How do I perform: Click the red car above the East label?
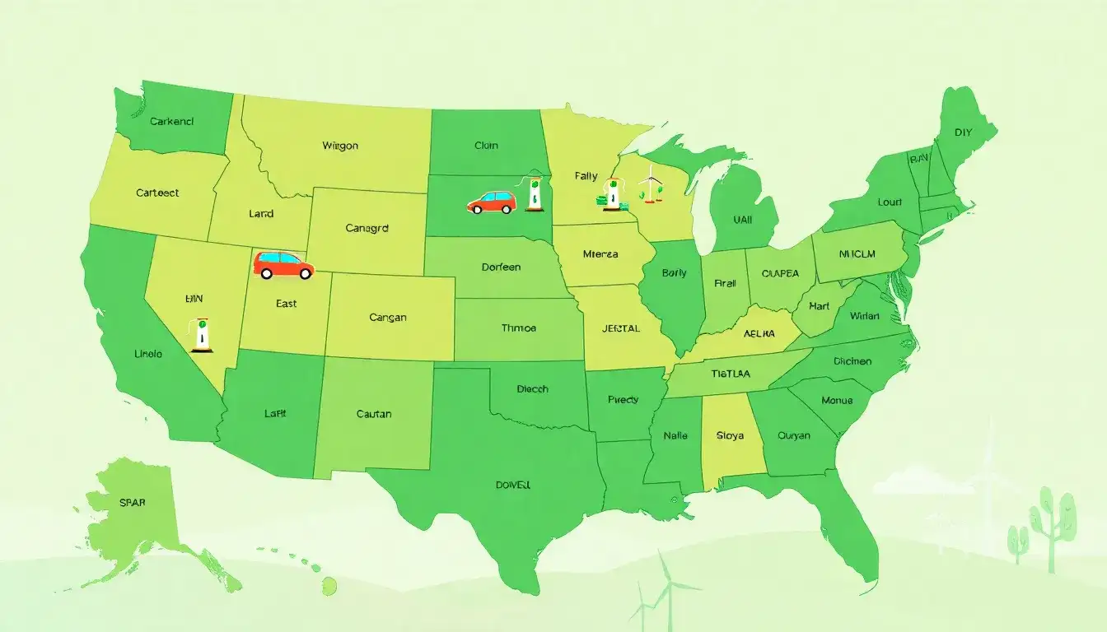pyautogui.click(x=283, y=265)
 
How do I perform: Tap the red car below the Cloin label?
pyautogui.click(x=491, y=202)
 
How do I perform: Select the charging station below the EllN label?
pyautogui.click(x=201, y=332)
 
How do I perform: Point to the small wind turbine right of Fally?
pyautogui.click(x=651, y=183)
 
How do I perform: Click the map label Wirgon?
pyautogui.click(x=340, y=146)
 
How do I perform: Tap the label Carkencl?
pyautogui.click(x=172, y=121)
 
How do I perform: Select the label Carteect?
pyautogui.click(x=157, y=193)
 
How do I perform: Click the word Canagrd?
pyautogui.click(x=367, y=228)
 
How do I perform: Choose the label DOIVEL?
pyautogui.click(x=513, y=485)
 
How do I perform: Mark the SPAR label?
pyautogui.click(x=132, y=502)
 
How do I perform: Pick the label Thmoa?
pyautogui.click(x=518, y=328)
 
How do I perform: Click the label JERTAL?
pyautogui.click(x=621, y=328)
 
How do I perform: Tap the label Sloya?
pyautogui.click(x=729, y=435)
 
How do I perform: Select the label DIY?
pyautogui.click(x=963, y=132)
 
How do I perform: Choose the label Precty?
pyautogui.click(x=623, y=399)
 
